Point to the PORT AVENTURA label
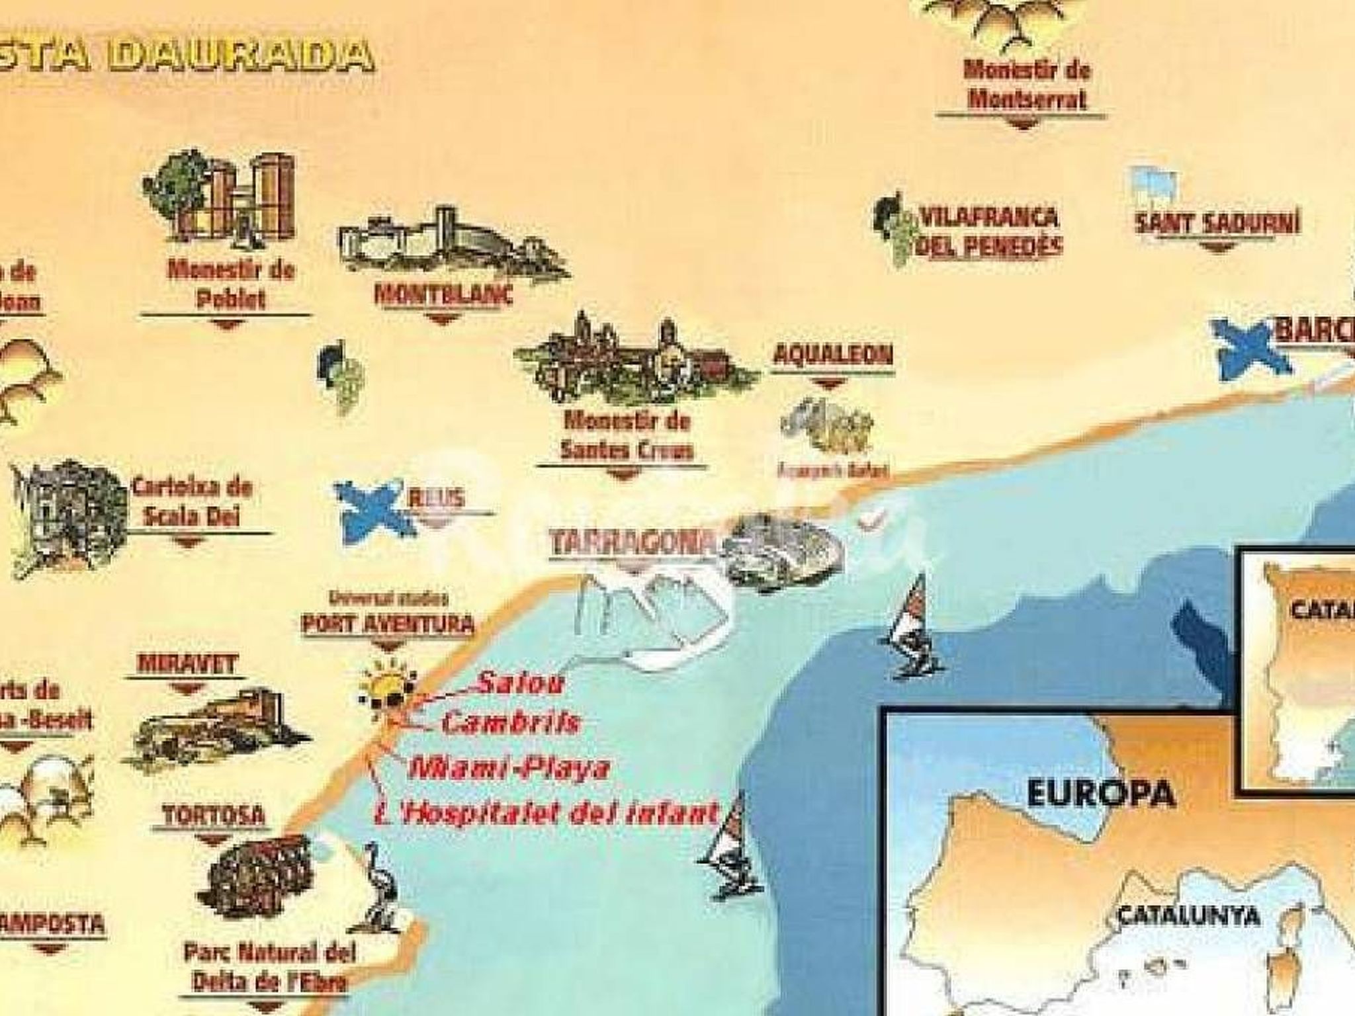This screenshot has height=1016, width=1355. (388, 623)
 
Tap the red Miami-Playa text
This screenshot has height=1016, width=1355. (508, 769)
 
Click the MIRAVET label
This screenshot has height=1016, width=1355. (187, 664)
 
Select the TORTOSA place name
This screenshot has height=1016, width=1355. (213, 816)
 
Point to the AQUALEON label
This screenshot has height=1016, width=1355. (832, 355)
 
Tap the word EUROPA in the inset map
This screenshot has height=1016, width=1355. (1101, 794)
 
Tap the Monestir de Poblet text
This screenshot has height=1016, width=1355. (230, 284)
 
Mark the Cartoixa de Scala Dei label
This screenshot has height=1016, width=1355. (192, 501)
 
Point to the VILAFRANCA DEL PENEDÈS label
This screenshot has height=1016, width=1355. (990, 232)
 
